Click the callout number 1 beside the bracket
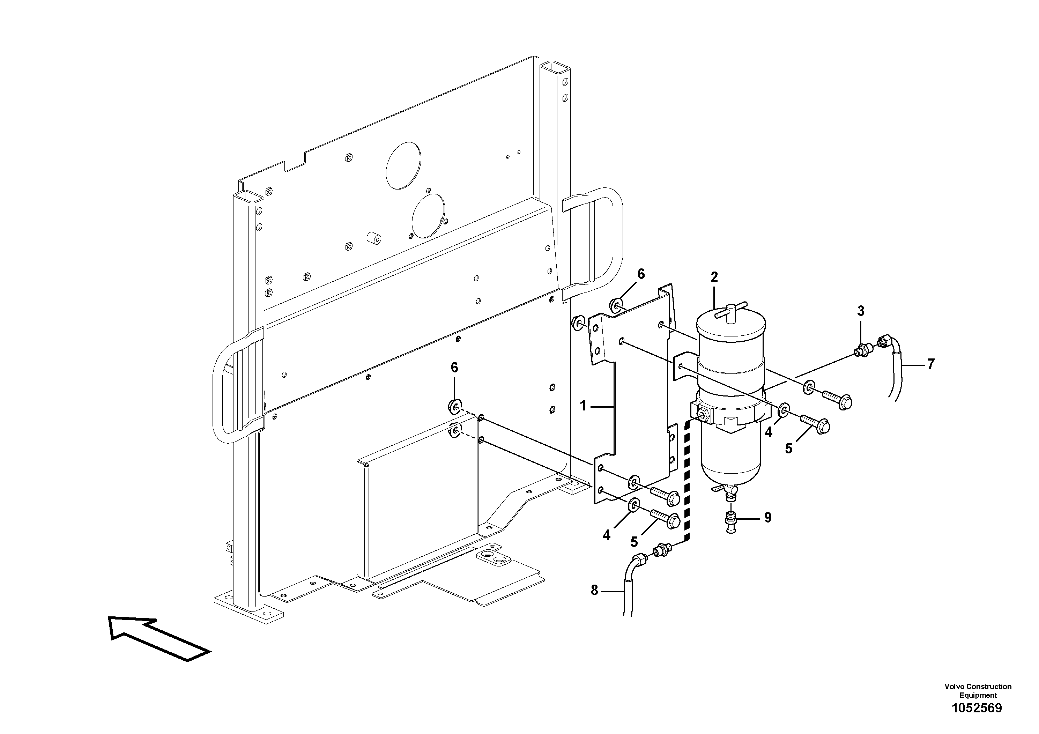point(583,406)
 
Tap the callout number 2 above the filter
point(714,277)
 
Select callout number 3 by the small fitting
point(860,311)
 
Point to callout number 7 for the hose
point(930,364)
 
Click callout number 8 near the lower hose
point(594,590)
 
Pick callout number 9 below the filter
point(767,518)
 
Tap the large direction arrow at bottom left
point(158,638)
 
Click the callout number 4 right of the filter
point(769,432)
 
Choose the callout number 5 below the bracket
point(634,542)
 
